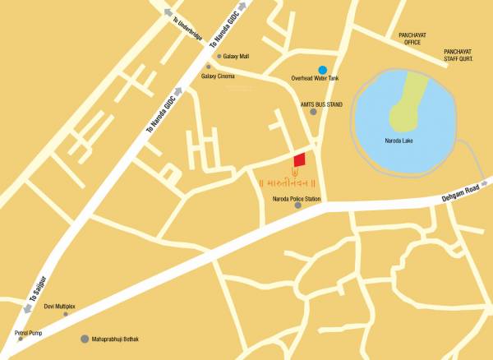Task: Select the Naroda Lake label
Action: (x=403, y=141)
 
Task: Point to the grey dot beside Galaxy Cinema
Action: (x=208, y=67)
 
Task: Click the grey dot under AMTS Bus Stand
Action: (x=313, y=112)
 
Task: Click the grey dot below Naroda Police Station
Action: (x=297, y=205)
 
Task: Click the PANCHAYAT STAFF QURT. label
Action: (x=460, y=54)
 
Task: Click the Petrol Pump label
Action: (x=27, y=332)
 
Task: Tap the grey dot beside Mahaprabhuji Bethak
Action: (x=84, y=339)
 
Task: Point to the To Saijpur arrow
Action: (x=26, y=308)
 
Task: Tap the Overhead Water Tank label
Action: (x=315, y=79)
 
